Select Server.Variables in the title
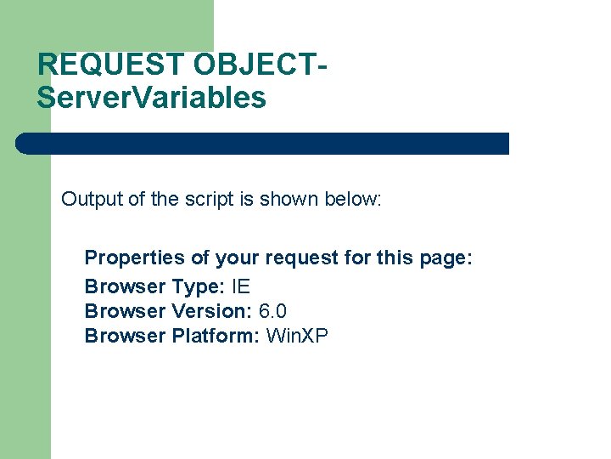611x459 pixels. coord(151,98)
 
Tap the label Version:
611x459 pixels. coord(211,310)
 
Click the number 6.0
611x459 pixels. coord(272,310)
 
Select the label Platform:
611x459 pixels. coord(216,336)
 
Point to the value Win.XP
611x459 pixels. coord(297,336)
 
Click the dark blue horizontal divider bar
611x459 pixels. coord(263,143)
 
